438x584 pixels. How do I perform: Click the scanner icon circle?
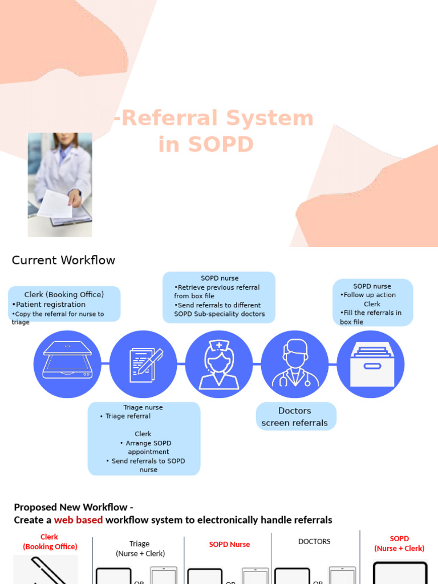tap(67, 364)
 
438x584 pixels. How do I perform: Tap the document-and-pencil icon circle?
tap(143, 364)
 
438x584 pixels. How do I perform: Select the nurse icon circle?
tap(219, 364)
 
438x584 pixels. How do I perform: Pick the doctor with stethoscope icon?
tap(295, 364)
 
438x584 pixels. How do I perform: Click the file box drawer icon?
tap(371, 364)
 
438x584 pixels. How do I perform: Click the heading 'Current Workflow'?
tap(63, 261)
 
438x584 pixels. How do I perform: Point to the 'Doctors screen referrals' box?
tap(295, 417)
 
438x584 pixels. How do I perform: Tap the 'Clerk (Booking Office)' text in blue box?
tap(64, 295)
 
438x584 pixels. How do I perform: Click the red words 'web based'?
tap(79, 520)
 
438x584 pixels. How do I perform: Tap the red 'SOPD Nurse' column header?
tap(229, 545)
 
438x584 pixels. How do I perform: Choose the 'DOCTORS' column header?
tap(314, 542)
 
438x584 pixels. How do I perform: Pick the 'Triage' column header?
tap(140, 544)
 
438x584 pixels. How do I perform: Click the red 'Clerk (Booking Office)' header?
tap(50, 542)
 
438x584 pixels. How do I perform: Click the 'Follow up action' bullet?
tap(370, 295)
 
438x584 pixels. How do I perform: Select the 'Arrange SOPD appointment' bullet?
tap(148, 448)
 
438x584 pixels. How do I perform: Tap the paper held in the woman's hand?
tap(55, 204)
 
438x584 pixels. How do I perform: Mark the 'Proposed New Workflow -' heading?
tap(74, 508)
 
